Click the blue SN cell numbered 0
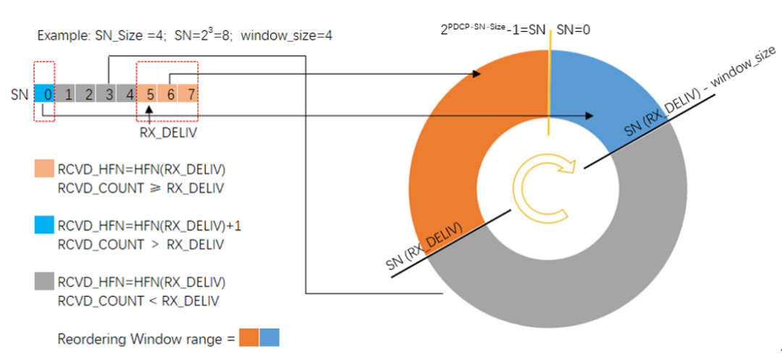46,94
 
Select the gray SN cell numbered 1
67,94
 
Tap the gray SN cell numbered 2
88,94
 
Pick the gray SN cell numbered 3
109,94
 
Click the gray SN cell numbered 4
129,94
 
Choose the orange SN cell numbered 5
150,94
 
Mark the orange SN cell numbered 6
171,94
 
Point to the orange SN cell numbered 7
190,94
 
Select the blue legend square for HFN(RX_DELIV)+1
45,227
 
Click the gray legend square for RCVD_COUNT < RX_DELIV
45,282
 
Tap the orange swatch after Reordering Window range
248,338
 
